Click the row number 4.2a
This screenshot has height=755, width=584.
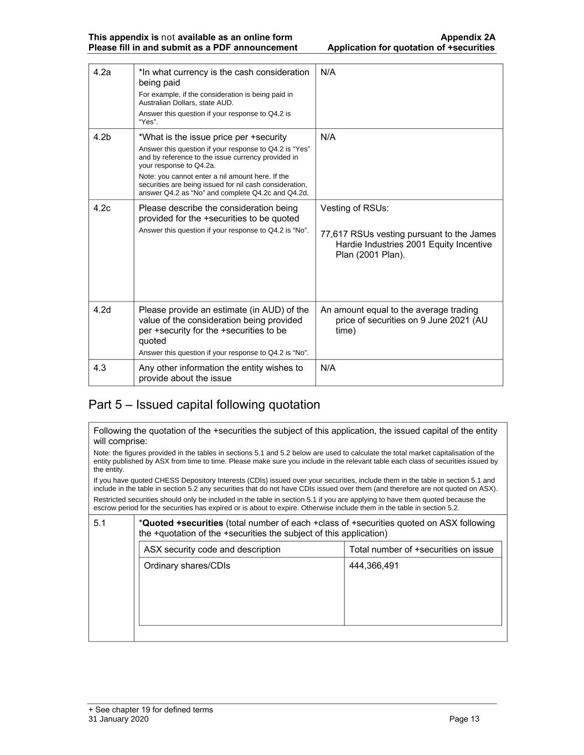(102, 72)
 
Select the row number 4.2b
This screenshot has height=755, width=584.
(102, 137)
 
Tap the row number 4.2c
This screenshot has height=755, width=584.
(102, 209)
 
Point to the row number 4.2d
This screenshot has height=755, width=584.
(102, 310)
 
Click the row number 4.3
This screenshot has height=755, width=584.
(100, 368)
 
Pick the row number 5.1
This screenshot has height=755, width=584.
(100, 523)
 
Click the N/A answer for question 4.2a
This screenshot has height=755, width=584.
(328, 72)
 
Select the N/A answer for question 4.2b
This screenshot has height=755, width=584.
(328, 137)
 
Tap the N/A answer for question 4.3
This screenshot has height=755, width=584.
(328, 368)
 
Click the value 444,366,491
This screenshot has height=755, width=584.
(374, 566)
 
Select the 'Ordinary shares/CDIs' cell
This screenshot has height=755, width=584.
(187, 566)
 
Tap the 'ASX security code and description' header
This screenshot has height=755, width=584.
(212, 550)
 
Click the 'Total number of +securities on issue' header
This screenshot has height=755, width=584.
(421, 550)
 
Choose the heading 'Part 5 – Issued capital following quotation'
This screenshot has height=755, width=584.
(204, 405)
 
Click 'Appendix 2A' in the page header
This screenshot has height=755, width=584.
(468, 38)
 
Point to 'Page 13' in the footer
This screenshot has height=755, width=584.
(464, 720)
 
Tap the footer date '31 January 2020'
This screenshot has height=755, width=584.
(118, 720)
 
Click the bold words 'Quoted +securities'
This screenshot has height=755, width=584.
(183, 523)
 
